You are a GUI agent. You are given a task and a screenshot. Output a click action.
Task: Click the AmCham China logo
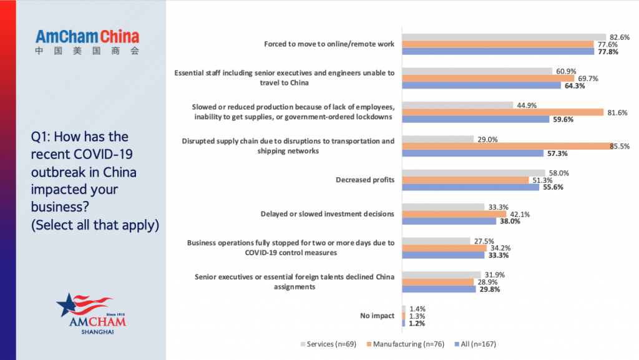coord(87,42)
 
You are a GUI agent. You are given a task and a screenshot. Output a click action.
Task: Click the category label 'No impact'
coord(377,316)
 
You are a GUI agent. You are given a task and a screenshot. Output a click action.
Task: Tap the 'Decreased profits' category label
coord(364,180)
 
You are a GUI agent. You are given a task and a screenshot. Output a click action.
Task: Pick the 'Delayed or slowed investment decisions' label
coord(327,214)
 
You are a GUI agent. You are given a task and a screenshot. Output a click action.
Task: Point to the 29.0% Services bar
coord(438,139)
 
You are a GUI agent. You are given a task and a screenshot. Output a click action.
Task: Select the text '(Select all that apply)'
coord(95,225)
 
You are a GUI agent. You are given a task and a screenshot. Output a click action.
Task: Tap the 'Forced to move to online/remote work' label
coord(329,44)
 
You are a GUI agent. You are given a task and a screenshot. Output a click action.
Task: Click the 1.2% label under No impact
coord(417,323)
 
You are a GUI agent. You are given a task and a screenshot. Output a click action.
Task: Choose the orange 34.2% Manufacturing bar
coord(444,248)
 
